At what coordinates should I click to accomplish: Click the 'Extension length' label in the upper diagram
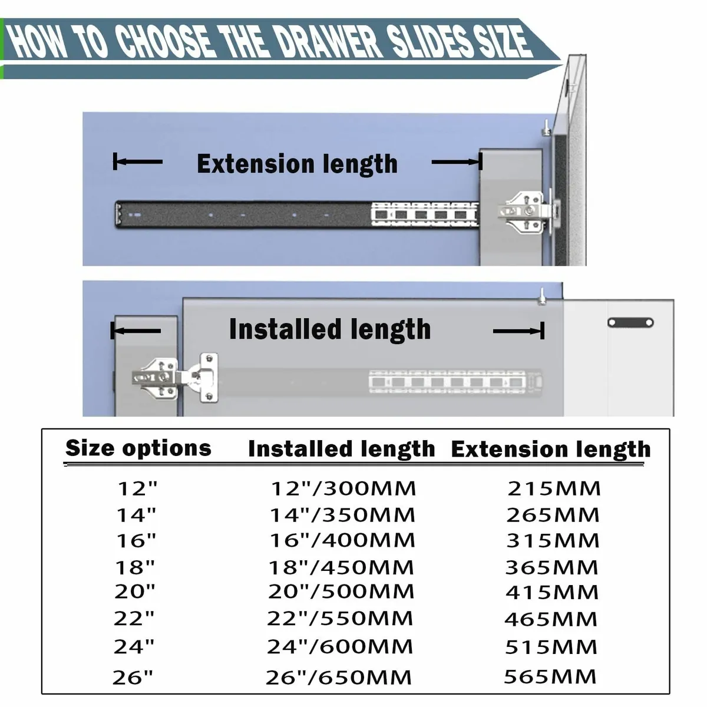click(x=297, y=164)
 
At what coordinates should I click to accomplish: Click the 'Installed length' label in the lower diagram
click(x=329, y=329)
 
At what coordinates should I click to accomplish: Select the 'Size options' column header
click(x=138, y=448)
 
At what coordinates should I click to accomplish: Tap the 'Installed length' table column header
click(x=341, y=449)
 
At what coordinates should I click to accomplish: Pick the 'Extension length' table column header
click(x=550, y=450)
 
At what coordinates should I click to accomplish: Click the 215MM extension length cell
click(x=554, y=488)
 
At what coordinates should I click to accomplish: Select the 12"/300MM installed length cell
click(x=343, y=488)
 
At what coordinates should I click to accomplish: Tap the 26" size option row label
click(x=133, y=678)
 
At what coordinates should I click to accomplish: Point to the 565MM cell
click(x=550, y=676)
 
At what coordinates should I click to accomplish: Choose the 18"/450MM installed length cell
click(x=341, y=567)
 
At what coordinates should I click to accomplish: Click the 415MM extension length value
click(x=552, y=592)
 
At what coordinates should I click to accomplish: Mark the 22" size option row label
click(x=134, y=619)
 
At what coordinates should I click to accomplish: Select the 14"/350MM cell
click(x=342, y=515)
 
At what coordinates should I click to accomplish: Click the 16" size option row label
click(x=136, y=540)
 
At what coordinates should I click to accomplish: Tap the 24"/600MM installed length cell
click(x=340, y=647)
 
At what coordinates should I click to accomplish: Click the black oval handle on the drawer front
click(x=630, y=322)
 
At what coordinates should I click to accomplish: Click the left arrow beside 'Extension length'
click(x=137, y=161)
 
